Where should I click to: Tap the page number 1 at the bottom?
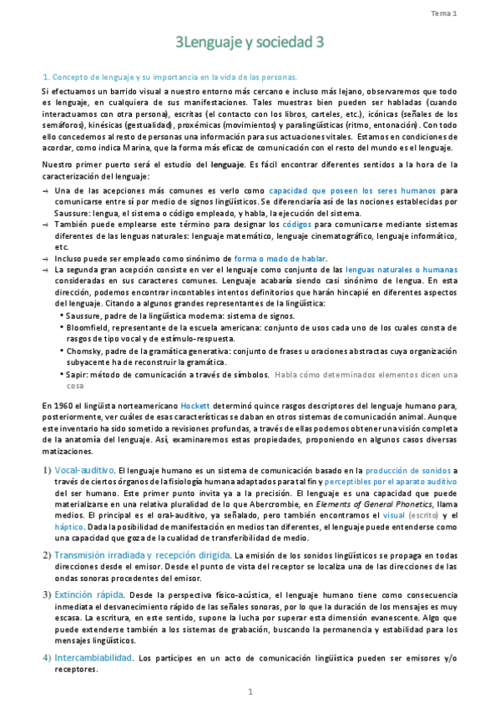(x=250, y=691)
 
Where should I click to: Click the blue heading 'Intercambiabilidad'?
(x=93, y=658)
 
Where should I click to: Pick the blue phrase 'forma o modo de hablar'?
(x=280, y=259)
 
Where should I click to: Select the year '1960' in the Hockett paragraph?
(x=60, y=405)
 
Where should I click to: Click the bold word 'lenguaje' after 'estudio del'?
(x=227, y=165)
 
